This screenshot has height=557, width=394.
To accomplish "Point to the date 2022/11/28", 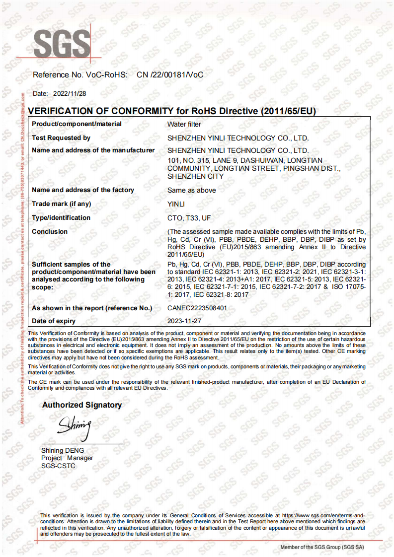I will click(70, 93).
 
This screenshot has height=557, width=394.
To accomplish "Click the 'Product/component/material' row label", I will click(77, 124).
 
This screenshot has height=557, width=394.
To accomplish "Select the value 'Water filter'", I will click(184, 124).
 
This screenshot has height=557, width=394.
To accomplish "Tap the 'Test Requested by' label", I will click(61, 138).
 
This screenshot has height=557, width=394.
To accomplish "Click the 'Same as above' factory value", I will click(192, 190).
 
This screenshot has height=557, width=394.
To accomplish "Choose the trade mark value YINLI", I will click(176, 204).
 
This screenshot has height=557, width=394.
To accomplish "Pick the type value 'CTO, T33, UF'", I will click(189, 218).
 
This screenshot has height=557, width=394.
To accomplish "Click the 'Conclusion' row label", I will click(50, 232).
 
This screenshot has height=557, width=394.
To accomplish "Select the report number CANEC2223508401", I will click(197, 308).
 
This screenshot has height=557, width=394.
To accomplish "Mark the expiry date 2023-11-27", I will click(184, 321).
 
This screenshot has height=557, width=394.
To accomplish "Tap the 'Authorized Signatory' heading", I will click(82, 405).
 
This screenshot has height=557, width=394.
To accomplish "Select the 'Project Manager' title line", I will click(67, 458).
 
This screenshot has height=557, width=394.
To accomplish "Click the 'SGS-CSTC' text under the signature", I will click(58, 466).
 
